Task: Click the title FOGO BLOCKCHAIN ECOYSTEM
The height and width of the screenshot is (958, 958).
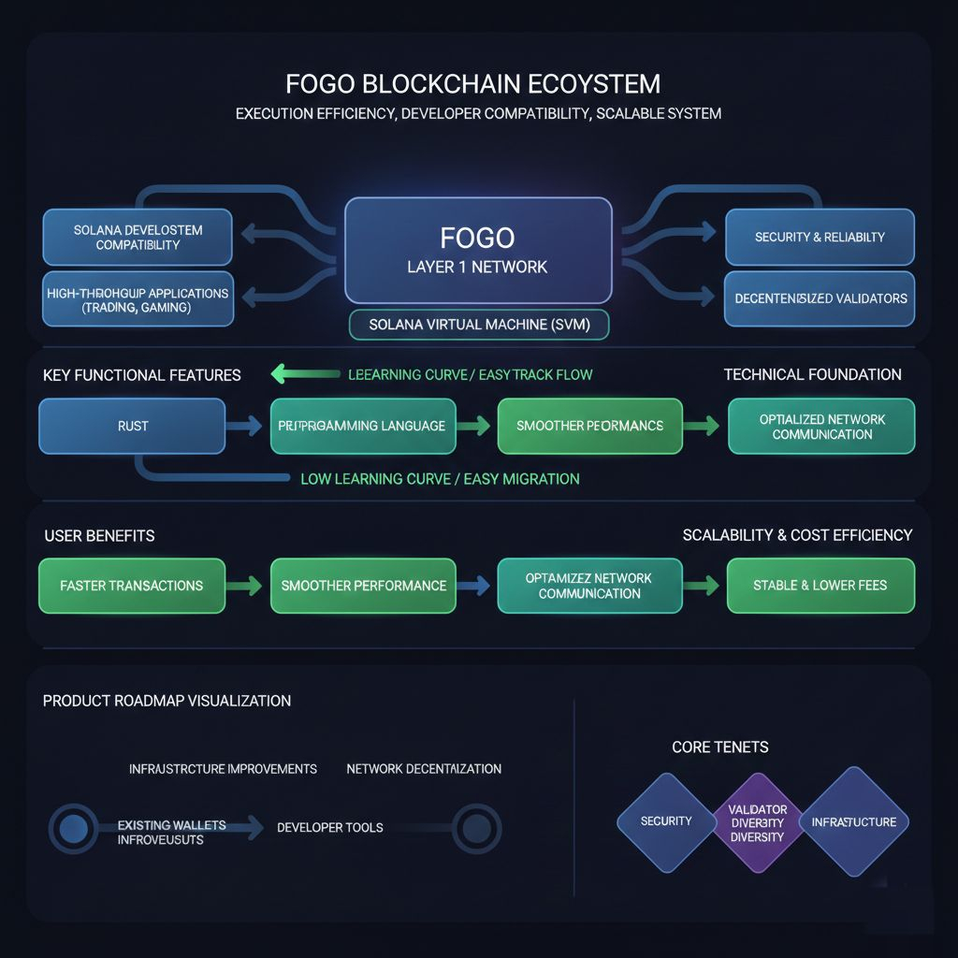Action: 472,84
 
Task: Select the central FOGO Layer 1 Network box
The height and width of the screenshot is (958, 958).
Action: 478,250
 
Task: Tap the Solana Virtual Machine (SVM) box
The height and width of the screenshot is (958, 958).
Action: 478,325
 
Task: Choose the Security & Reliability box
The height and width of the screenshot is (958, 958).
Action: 820,237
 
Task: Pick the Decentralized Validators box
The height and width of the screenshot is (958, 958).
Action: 820,298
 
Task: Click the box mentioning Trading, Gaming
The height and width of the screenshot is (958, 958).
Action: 138,299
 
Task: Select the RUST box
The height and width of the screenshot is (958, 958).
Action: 132,426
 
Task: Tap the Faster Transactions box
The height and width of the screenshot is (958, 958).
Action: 132,586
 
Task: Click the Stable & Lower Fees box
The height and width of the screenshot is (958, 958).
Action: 820,586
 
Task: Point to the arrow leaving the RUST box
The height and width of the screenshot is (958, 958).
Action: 246,427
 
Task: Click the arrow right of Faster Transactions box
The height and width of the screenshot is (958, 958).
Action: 246,587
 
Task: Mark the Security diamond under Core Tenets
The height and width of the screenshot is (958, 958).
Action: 666,821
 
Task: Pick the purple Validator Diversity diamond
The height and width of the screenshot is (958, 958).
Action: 757,822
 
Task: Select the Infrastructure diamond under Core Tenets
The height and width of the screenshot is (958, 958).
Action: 853,822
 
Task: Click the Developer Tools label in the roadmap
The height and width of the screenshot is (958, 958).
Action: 329,828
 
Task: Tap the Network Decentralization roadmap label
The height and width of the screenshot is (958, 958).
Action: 424,769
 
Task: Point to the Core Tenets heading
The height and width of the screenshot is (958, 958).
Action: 720,748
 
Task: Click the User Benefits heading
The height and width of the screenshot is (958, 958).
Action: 99,536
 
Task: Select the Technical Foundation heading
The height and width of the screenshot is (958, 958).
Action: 812,374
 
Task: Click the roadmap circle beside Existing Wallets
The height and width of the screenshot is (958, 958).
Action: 73,828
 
